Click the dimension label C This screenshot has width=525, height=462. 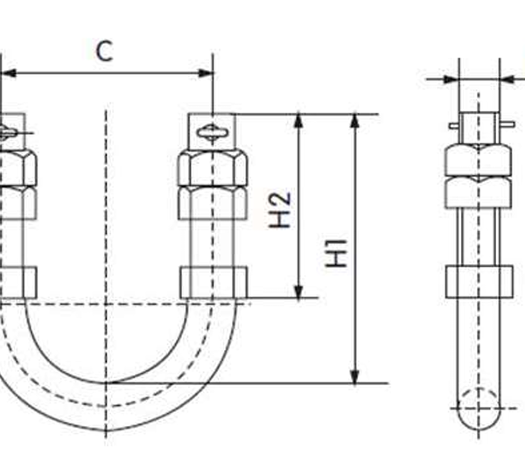click(x=104, y=51)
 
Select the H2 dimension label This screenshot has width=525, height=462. click(x=279, y=209)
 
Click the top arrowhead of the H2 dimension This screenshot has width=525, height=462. click(x=299, y=121)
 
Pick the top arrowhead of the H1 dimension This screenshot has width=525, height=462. click(x=355, y=121)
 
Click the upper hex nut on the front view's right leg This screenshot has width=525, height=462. click(x=213, y=167)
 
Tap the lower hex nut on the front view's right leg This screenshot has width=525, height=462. click(x=213, y=202)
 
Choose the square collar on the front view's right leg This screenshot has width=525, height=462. click(x=213, y=282)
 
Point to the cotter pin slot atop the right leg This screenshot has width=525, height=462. click(x=213, y=132)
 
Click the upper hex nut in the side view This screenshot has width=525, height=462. click(x=479, y=159)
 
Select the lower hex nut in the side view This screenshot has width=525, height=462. click(x=479, y=192)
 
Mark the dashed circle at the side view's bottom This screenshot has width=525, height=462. click(x=479, y=407)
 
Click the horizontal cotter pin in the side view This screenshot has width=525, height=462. click(x=479, y=125)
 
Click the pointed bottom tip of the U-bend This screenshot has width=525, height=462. click(x=107, y=430)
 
